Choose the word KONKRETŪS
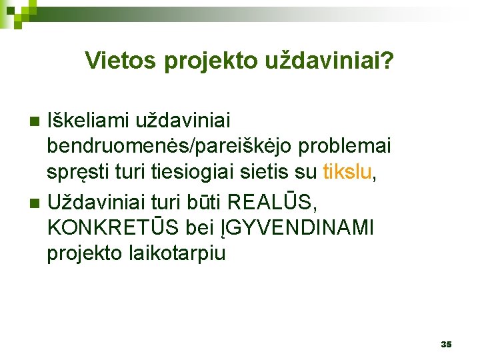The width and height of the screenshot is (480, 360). tap(113, 227)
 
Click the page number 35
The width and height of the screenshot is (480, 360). tap(446, 344)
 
